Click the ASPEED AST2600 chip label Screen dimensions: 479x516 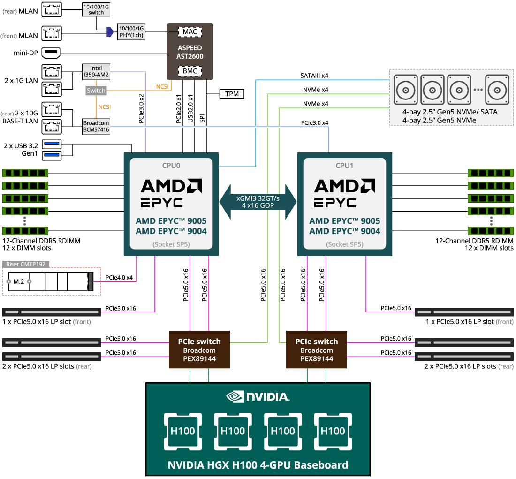pos(190,52)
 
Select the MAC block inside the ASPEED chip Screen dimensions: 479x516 pos(190,32)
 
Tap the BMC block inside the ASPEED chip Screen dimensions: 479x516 pos(190,71)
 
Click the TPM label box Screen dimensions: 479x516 pos(232,94)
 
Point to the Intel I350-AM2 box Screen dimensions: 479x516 pos(96,71)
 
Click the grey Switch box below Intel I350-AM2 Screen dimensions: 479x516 pos(96,91)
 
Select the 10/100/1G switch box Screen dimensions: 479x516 pos(96,9)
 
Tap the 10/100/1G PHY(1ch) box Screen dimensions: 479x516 pos(131,32)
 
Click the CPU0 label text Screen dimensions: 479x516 pos(171,166)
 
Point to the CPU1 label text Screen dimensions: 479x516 pos(345,166)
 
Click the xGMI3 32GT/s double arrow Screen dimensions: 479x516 pos(258,202)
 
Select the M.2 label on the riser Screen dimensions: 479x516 pos(19,281)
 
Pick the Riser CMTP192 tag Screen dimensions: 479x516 pos(26,264)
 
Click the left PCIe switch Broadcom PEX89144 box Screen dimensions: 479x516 pos(199,350)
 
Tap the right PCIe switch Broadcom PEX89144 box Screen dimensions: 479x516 pos(317,350)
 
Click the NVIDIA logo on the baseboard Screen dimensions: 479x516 pos(258,396)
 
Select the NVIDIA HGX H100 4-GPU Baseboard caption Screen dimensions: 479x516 pos(258,465)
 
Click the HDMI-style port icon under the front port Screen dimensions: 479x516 pos(52,52)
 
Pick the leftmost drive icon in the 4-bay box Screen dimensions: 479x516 pos(406,89)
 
